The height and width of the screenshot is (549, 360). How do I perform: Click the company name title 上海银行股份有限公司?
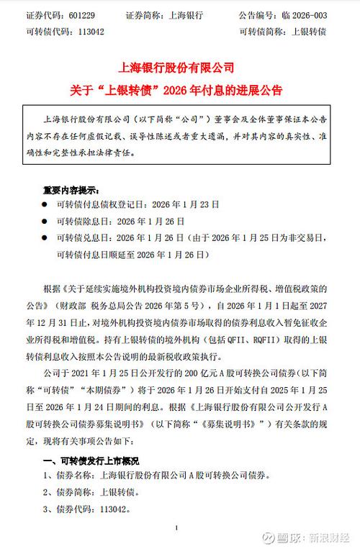coord(180,68)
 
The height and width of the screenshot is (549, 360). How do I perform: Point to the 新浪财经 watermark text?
coord(328,536)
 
